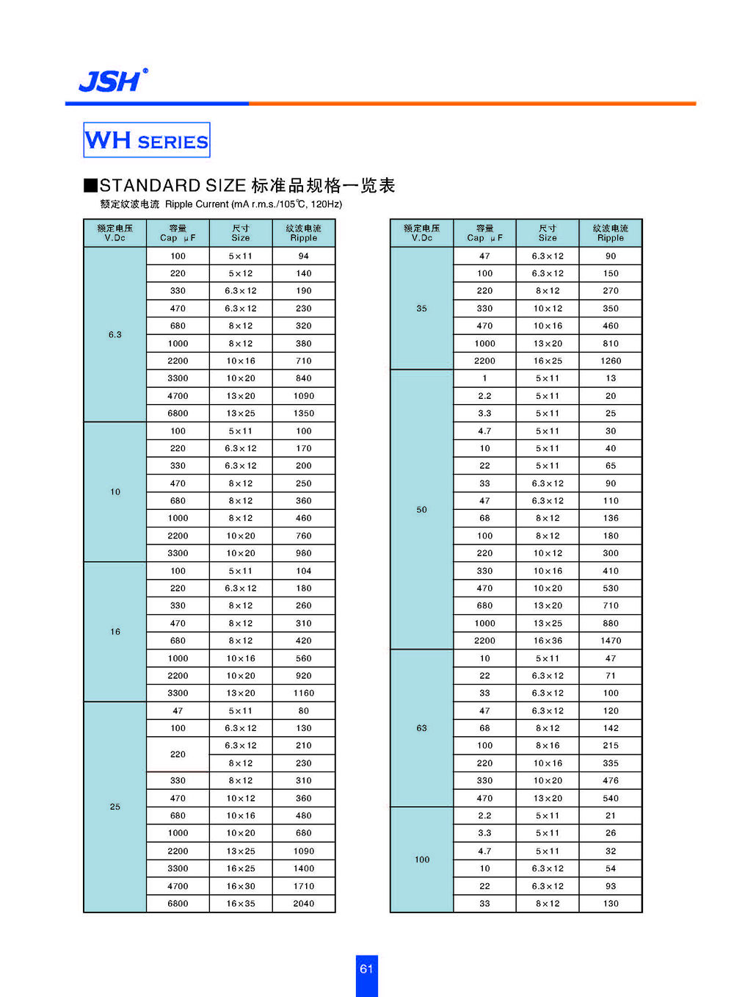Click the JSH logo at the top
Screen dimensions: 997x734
[112, 80]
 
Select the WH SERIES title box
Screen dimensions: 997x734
[147, 140]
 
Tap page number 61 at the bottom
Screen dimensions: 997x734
[366, 969]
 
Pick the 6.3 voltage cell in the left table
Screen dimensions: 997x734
[115, 334]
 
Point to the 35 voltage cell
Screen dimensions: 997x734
[421, 309]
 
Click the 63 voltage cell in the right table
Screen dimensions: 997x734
[421, 728]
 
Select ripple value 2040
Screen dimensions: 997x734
[304, 904]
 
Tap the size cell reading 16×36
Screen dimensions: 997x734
[548, 641]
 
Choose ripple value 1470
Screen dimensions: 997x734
[611, 641]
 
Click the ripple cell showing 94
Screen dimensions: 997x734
[304, 256]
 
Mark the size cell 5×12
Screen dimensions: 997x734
[241, 273]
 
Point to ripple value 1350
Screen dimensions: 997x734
[304, 414]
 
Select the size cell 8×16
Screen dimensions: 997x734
[548, 746]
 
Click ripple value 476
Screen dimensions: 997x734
[611, 781]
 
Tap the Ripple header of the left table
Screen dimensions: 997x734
[304, 233]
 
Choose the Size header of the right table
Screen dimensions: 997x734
[548, 233]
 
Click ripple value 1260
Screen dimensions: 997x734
[611, 361]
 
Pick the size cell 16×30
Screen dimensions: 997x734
[241, 886]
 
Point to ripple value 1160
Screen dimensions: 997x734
[304, 694]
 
